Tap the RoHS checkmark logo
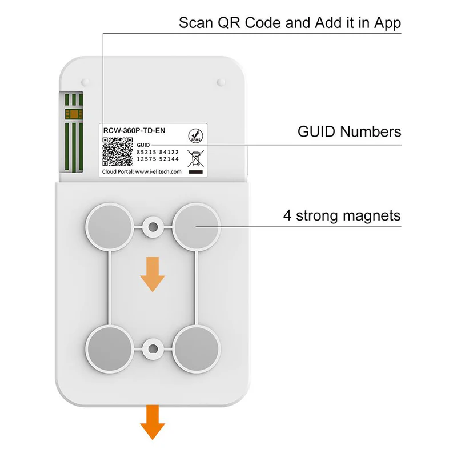[x=195, y=135]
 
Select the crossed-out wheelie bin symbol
[x=195, y=157]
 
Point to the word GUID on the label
[x=143, y=146]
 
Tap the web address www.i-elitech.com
[x=158, y=171]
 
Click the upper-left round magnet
[x=107, y=227]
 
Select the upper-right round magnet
[x=196, y=227]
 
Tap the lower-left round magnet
[x=107, y=347]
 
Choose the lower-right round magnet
[x=196, y=347]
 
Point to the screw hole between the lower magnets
[x=152, y=347]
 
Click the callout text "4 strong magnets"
[x=342, y=217]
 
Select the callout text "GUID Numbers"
[x=349, y=132]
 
